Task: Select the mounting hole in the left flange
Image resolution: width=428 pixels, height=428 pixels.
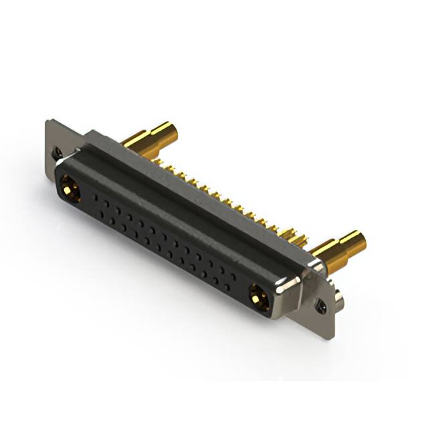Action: click(58, 152)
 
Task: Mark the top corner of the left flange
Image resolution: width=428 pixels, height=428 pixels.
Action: click(48, 121)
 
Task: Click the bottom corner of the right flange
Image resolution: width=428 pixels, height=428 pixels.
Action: click(330, 338)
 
